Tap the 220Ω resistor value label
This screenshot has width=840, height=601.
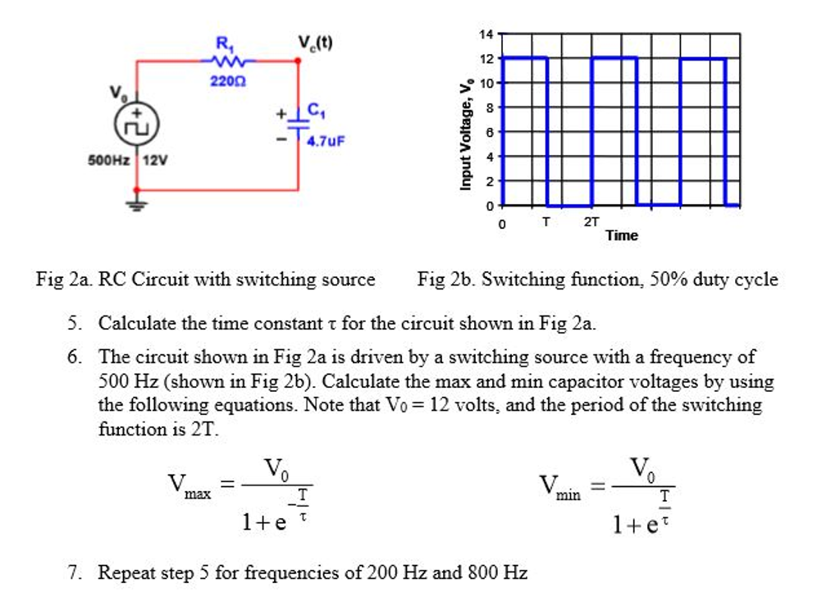223,81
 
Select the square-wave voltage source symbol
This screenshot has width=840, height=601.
136,125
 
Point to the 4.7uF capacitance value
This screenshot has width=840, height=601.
326,140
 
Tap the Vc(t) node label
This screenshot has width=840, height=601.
315,43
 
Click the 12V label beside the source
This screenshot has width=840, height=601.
155,160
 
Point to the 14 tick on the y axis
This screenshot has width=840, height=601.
486,34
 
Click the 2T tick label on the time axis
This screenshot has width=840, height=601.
591,221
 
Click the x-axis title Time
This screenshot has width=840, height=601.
621,236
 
